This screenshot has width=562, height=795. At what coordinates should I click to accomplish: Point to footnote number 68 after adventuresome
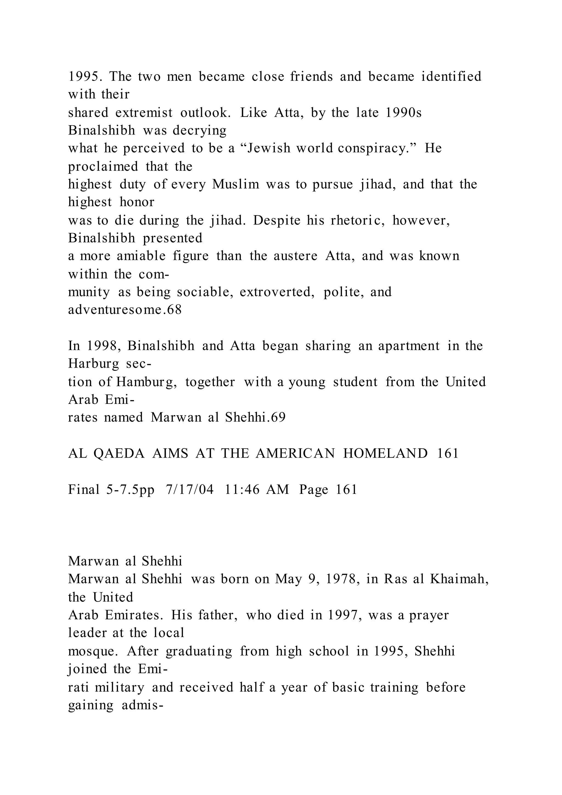(175, 310)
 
